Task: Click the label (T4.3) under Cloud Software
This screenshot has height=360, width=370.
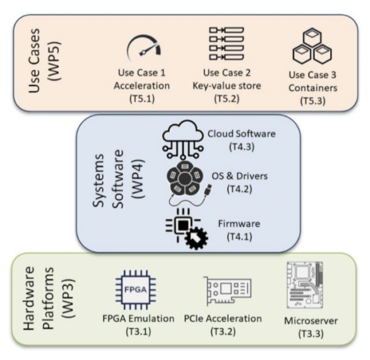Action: coord(240,147)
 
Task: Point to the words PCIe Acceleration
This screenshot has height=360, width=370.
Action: coord(231,319)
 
